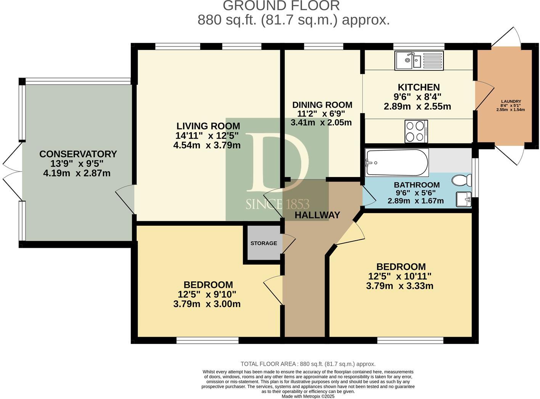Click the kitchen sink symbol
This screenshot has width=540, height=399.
tap(419, 60)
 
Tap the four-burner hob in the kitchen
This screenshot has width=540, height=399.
tap(416, 131)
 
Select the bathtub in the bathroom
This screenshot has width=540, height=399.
tap(397, 163)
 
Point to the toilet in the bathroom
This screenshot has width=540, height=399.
tap(461, 180)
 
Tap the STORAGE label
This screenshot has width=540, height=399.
tap(264, 243)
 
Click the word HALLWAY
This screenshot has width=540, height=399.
tap(317, 215)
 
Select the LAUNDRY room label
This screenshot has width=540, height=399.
tap(511, 101)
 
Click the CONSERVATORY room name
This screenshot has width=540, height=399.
tap(78, 154)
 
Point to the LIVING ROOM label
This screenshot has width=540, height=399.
tap(208, 126)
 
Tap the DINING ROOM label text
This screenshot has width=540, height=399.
tap(322, 105)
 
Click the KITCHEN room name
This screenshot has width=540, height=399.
tap(419, 87)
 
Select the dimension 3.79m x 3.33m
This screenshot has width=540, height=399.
tap(399, 286)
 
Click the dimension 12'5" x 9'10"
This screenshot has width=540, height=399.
tap(207, 294)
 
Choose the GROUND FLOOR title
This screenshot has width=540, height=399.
tap(281, 6)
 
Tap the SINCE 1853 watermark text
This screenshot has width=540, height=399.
tap(277, 204)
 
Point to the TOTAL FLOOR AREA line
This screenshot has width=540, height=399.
tap(308, 364)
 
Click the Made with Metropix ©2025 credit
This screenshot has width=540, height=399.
tap(308, 396)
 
